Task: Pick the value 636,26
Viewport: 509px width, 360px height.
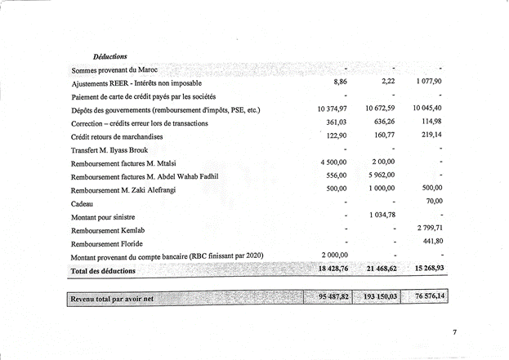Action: pyautogui.click(x=380, y=122)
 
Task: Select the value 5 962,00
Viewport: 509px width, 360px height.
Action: pyautogui.click(x=379, y=176)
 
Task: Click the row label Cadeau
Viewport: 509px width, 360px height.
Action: pyautogui.click(x=83, y=203)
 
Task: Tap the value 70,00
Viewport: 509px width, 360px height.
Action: pyautogui.click(x=433, y=201)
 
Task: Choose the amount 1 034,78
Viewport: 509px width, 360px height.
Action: pyautogui.click(x=378, y=215)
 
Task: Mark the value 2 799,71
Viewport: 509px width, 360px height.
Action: pyautogui.click(x=428, y=228)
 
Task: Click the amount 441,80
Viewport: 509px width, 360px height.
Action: pyautogui.click(x=431, y=241)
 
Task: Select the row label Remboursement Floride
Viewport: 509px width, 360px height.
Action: pyautogui.click(x=109, y=243)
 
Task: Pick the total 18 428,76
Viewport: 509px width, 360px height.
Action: pyautogui.click(x=330, y=269)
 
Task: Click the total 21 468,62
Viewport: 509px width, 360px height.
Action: pyautogui.click(x=377, y=269)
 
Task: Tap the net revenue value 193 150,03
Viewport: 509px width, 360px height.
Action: pyautogui.click(x=377, y=297)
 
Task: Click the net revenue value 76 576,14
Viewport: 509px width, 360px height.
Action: pyautogui.click(x=426, y=297)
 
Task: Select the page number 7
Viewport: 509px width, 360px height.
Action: pyautogui.click(x=456, y=332)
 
